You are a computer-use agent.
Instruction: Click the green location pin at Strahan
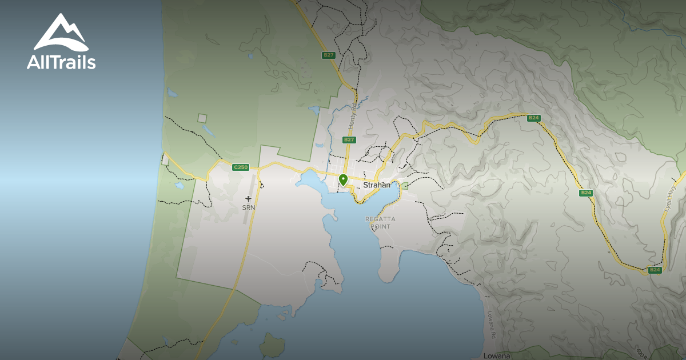(343, 180)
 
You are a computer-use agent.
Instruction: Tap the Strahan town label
(377, 185)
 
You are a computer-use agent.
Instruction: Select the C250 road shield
(241, 167)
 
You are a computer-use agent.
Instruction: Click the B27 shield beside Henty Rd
(349, 139)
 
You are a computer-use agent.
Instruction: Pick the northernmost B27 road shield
(328, 55)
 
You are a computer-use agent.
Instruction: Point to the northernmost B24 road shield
(533, 118)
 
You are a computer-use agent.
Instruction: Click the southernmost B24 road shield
(655, 270)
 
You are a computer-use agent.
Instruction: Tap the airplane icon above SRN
(248, 198)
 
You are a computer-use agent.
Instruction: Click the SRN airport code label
(248, 207)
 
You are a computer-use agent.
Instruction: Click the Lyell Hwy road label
(671, 198)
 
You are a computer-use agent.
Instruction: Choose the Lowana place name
(496, 355)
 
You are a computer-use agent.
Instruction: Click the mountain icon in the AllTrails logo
(61, 33)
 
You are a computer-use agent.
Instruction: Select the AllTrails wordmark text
(61, 62)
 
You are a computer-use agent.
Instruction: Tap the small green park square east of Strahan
(405, 186)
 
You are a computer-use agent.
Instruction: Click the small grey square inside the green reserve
(202, 118)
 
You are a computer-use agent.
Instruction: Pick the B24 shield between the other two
(586, 193)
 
